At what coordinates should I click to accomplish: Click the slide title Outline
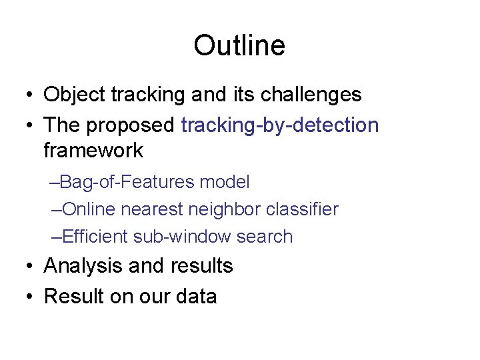point(239,46)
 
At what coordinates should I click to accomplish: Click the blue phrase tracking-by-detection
point(279,125)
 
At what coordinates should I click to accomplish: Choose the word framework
point(93,150)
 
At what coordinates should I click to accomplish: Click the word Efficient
point(94,237)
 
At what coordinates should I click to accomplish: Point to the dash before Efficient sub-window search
point(55,237)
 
